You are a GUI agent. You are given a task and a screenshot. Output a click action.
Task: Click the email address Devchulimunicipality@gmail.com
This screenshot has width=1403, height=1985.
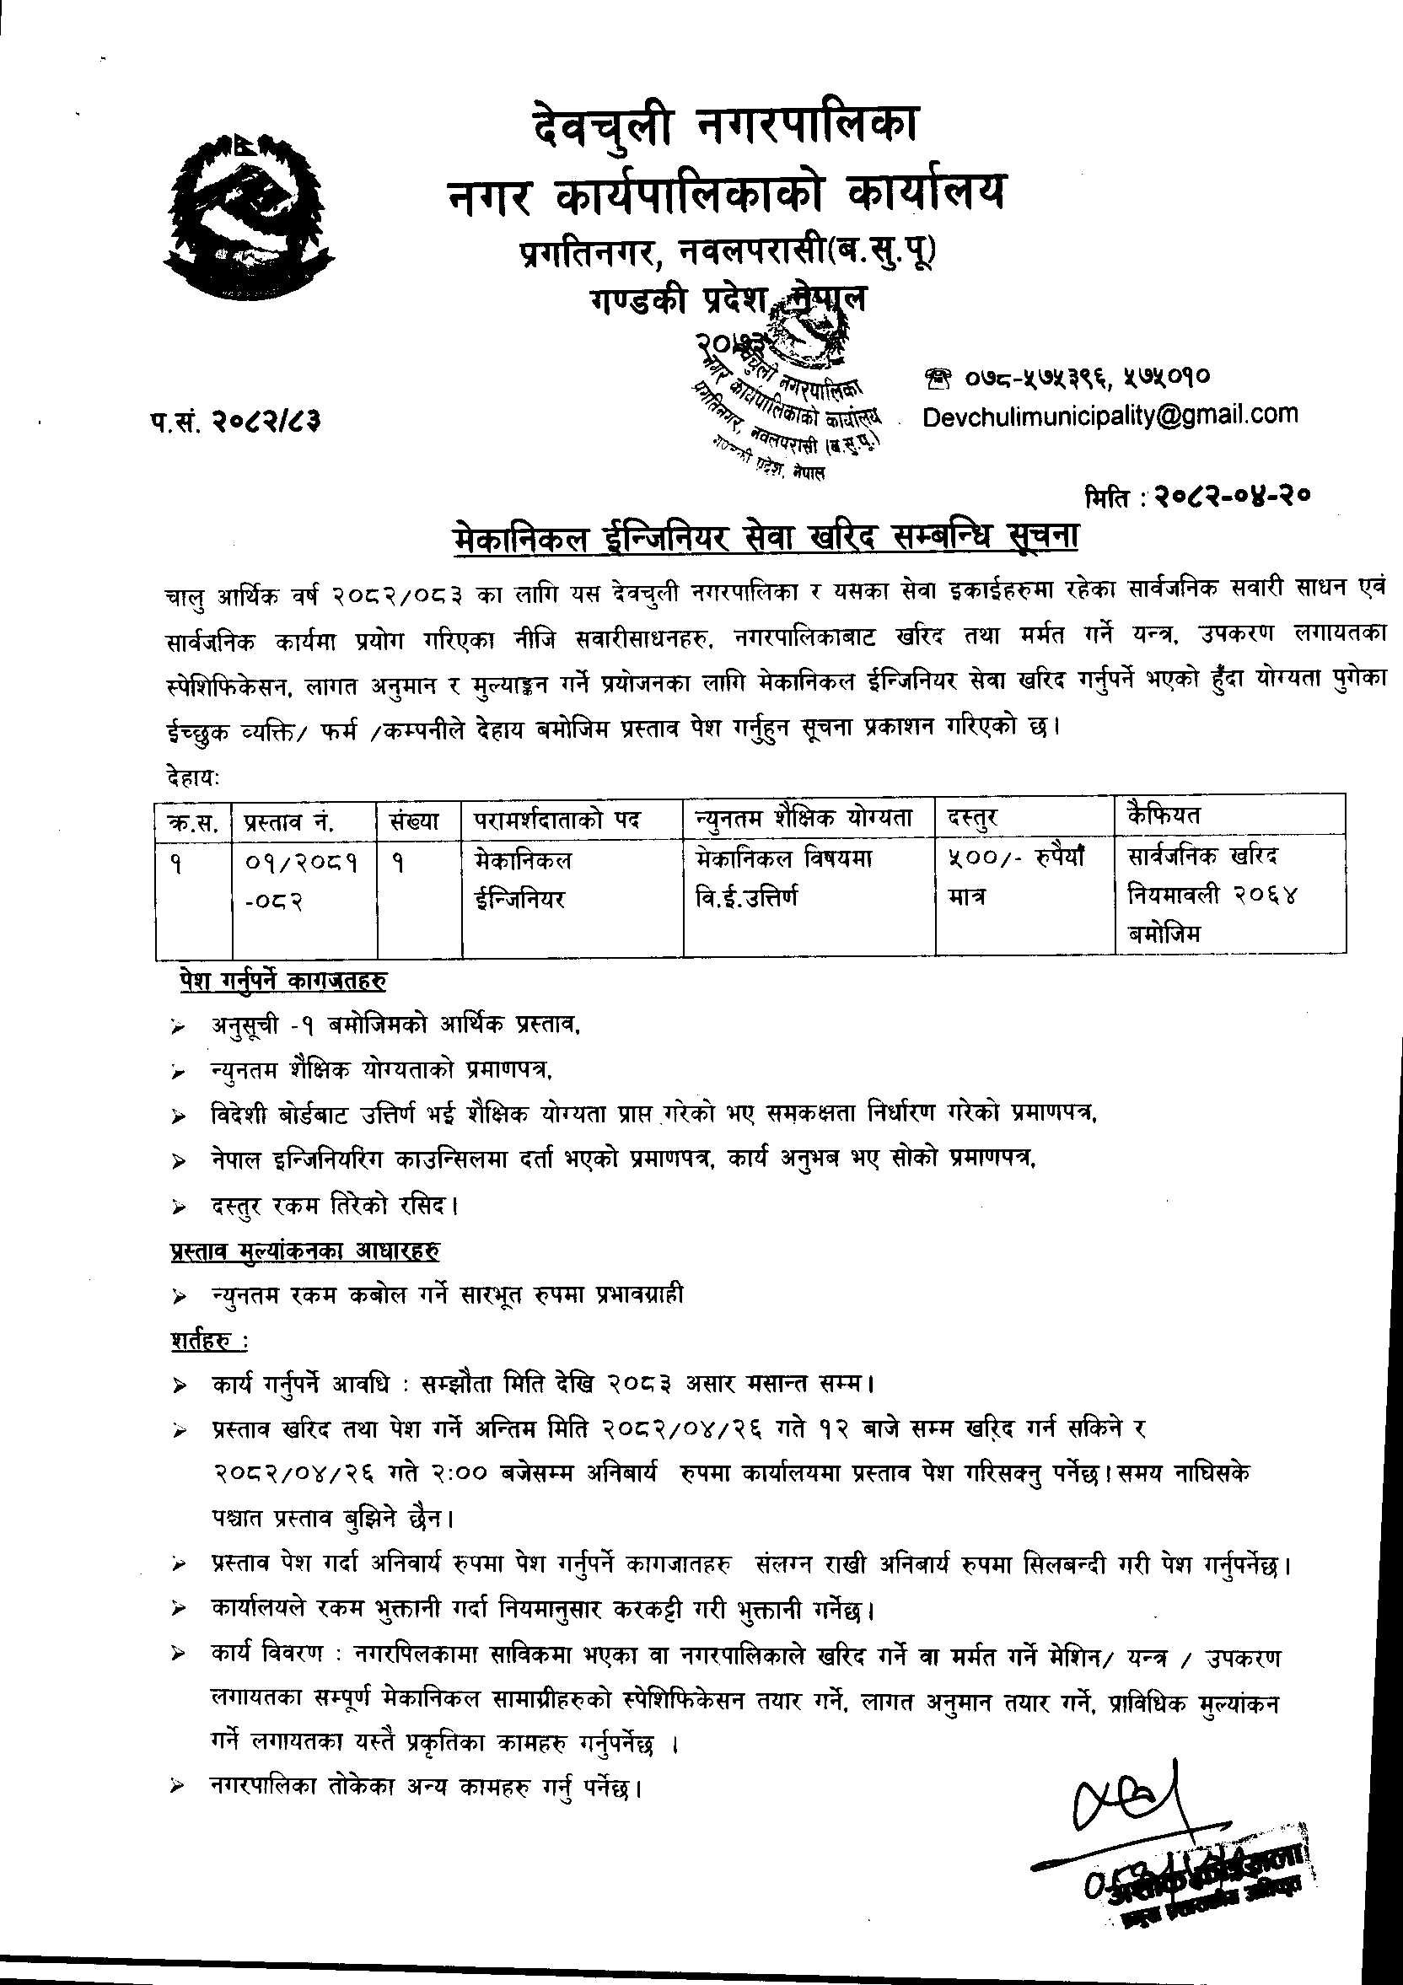click(1110, 416)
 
